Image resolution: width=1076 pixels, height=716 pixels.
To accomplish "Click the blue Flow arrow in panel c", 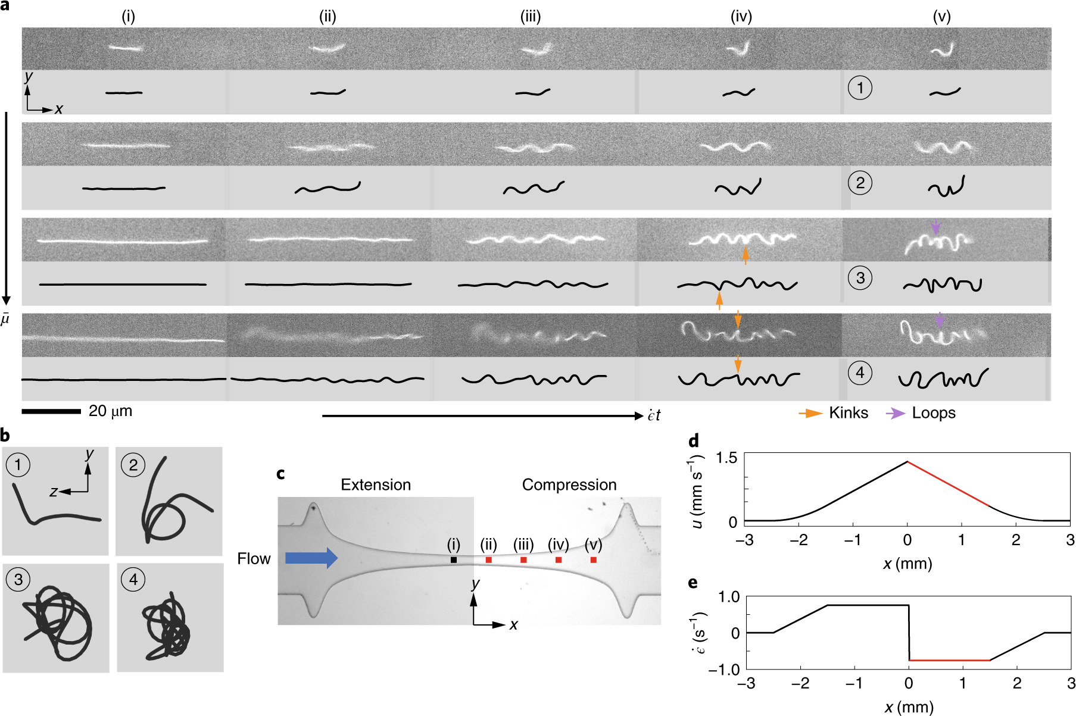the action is (x=311, y=558).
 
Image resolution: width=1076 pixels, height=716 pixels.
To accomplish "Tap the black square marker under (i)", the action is (x=454, y=560).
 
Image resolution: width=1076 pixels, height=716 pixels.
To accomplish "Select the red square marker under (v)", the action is (x=594, y=560).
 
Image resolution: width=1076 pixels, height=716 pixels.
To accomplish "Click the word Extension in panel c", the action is (x=376, y=485).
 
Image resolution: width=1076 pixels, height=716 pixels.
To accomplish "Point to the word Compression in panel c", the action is (x=569, y=485).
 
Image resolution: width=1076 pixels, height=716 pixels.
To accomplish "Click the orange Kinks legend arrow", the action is (x=811, y=413).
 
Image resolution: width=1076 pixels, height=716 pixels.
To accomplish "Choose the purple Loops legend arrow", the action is (x=895, y=413).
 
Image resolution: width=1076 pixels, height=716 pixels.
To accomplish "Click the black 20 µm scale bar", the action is (x=51, y=411).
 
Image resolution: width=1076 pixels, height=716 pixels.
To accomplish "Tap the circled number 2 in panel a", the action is (x=860, y=183).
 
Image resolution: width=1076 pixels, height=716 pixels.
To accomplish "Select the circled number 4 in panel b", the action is (x=133, y=579).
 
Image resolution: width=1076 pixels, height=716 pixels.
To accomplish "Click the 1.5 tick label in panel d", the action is (x=726, y=458).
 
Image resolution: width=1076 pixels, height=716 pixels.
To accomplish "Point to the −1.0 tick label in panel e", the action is (x=723, y=669).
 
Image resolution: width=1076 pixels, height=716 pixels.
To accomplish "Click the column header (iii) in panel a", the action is (x=531, y=16).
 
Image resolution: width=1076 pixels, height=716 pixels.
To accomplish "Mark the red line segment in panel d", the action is (x=948, y=483).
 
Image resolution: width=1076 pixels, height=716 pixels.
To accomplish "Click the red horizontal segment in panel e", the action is (x=950, y=660).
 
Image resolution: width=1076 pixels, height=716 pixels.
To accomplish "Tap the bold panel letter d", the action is (x=693, y=441).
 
